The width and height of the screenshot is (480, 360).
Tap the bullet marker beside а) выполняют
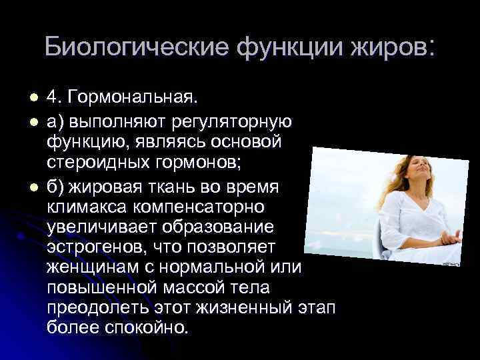coord(25,122)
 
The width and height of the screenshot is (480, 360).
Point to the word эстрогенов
coord(89,248)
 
